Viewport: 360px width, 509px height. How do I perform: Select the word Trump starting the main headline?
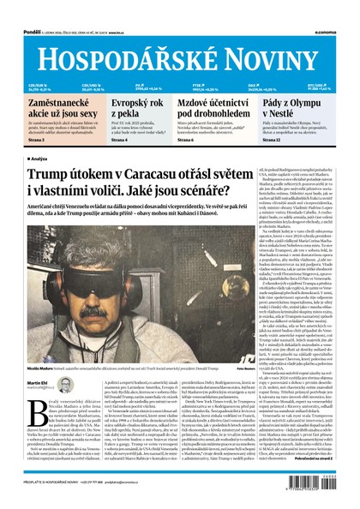[50, 175]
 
